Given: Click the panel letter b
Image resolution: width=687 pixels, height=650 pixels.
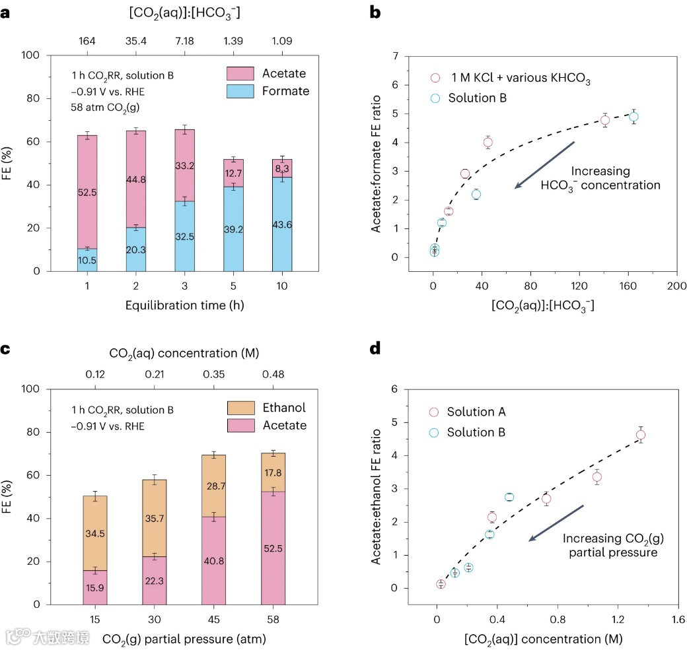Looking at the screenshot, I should click(x=375, y=13).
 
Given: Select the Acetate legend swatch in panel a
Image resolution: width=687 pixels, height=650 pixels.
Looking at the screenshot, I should click(x=240, y=73).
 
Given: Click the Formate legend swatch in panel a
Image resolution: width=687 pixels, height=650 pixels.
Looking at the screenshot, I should click(x=240, y=90).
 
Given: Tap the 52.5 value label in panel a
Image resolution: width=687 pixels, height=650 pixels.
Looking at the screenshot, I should click(x=87, y=193).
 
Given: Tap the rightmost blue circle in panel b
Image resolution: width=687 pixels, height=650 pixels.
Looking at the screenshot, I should click(x=633, y=117).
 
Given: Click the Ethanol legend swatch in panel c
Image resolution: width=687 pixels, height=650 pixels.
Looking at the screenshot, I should click(x=240, y=408).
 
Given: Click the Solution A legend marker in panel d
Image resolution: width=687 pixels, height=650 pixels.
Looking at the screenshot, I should click(x=434, y=412).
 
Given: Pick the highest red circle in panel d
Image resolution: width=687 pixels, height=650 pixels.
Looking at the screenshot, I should click(x=640, y=435).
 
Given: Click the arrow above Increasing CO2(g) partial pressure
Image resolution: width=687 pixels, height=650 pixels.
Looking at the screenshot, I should click(x=556, y=523).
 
